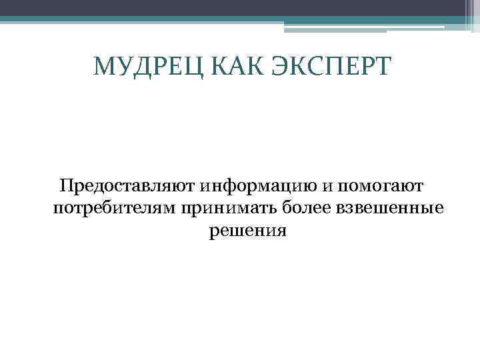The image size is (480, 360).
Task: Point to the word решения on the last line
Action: [x=247, y=231]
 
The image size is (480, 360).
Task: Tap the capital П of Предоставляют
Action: [x=66, y=185]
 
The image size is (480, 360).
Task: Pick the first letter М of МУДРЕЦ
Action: [x=104, y=67]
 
